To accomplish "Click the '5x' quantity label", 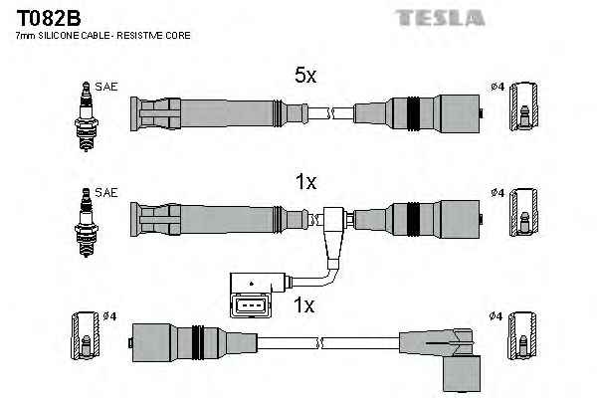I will click(305, 74).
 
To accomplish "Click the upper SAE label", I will click(106, 87).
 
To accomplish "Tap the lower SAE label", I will click(106, 191).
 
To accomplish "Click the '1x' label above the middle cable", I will click(305, 182).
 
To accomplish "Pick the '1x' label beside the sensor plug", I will click(305, 305).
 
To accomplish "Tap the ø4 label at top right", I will click(497, 87).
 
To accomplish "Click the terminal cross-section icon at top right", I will click(523, 106).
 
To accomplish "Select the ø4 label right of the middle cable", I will click(497, 192).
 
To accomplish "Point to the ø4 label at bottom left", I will click(109, 316).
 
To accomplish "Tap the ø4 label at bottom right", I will click(497, 316).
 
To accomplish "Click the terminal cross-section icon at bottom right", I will click(523, 339).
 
